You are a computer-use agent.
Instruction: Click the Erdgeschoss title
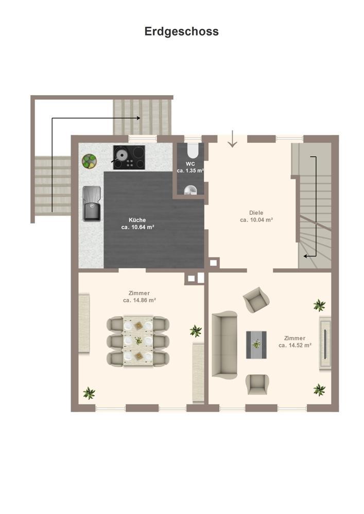pos(182,31)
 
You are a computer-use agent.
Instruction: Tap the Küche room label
pos(137,220)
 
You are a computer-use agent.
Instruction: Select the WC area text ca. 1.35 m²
pos(190,171)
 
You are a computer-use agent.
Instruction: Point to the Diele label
pos(256,213)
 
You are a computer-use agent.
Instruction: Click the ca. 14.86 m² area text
pos(140,300)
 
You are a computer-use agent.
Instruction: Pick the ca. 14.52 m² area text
pos(294,345)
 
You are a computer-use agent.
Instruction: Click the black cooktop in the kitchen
pos(129,157)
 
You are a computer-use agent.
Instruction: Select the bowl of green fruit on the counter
pos(89,161)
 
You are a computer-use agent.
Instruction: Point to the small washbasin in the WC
pos(190,190)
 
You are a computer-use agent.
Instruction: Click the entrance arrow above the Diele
pos(232,139)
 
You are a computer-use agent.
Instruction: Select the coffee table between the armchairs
pos(256,344)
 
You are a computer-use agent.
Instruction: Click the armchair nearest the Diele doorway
pos(256,300)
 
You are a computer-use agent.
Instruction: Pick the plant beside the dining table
pos(196,331)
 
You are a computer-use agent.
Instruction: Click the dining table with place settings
pos(138,341)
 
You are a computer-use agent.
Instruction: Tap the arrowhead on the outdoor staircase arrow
pos(139,118)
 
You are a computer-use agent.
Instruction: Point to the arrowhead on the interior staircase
pos(305,256)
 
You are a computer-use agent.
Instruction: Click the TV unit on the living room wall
pos(325,343)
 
